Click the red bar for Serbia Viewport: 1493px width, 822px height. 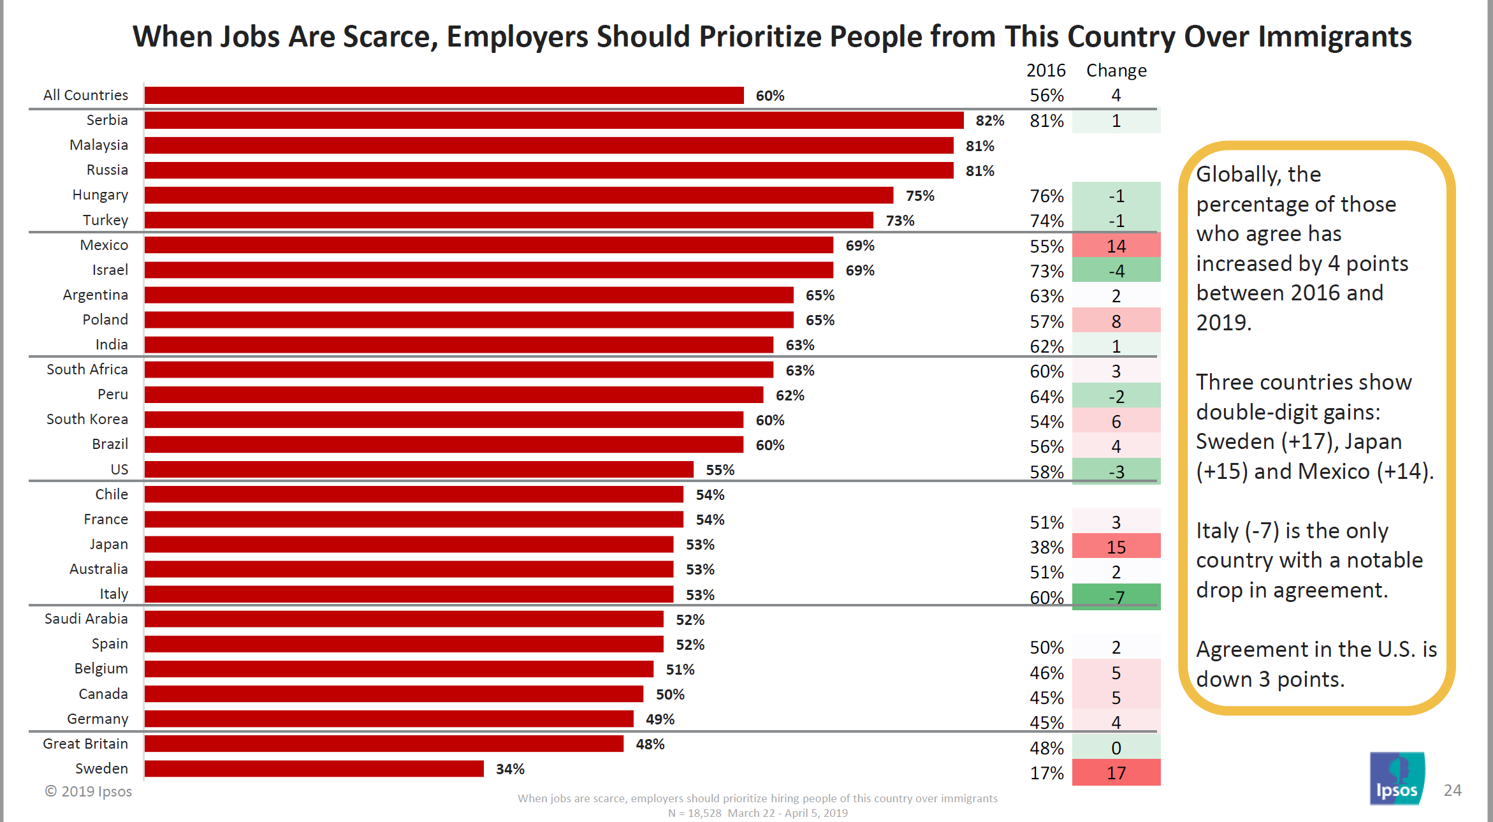click(553, 120)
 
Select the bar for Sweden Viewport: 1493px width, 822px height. click(314, 768)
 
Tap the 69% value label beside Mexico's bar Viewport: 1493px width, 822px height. click(859, 246)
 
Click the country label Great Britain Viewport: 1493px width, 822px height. click(85, 744)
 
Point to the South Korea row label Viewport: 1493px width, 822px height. click(87, 419)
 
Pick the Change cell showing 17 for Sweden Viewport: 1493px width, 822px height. click(1116, 773)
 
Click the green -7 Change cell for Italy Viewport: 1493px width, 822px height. click(1116, 598)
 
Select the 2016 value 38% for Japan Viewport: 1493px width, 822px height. click(1046, 547)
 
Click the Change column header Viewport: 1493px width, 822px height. click(1116, 70)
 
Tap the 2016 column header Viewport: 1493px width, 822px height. click(1045, 70)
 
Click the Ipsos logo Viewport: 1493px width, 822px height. click(1396, 779)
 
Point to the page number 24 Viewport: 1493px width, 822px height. click(1452, 790)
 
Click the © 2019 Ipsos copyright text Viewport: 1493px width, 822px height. click(88, 791)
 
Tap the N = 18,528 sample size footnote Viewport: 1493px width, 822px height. click(694, 813)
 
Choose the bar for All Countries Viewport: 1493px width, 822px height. click(444, 95)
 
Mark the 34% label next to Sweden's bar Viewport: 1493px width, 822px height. click(510, 769)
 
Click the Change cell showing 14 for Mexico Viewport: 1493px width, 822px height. click(1116, 246)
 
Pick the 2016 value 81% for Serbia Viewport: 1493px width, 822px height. click(1046, 121)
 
